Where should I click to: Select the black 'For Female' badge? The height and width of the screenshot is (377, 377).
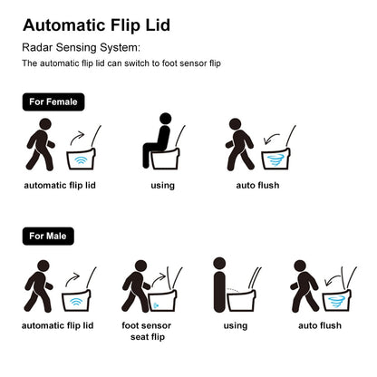click(x=53, y=102)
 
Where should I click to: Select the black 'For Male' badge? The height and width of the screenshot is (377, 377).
click(x=49, y=236)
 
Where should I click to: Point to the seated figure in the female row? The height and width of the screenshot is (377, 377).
click(x=158, y=142)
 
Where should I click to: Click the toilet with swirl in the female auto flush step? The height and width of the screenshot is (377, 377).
click(x=275, y=157)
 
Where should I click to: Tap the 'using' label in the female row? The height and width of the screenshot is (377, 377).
click(x=162, y=186)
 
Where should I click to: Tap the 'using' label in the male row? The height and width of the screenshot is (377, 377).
click(x=235, y=325)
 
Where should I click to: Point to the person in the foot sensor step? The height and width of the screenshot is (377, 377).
click(x=135, y=285)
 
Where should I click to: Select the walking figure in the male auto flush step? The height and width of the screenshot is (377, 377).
click(x=304, y=285)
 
